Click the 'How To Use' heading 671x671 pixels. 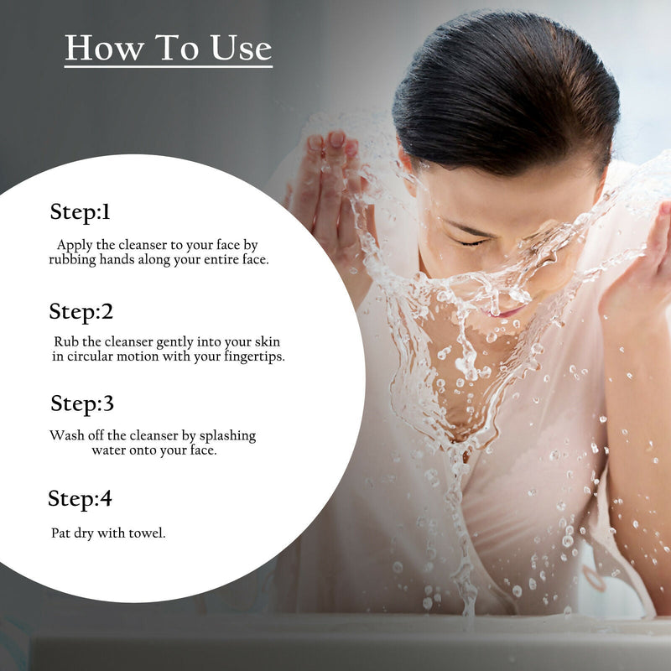click(x=169, y=48)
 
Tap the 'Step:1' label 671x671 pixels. click(x=81, y=212)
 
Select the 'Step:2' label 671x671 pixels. click(x=81, y=312)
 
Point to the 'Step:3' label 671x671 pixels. click(x=82, y=403)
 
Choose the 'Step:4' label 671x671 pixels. click(x=81, y=499)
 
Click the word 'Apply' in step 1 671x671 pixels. click(x=74, y=245)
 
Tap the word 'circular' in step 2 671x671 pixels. click(x=92, y=356)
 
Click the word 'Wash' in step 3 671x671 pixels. click(x=66, y=435)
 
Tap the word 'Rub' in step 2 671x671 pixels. click(x=65, y=341)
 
